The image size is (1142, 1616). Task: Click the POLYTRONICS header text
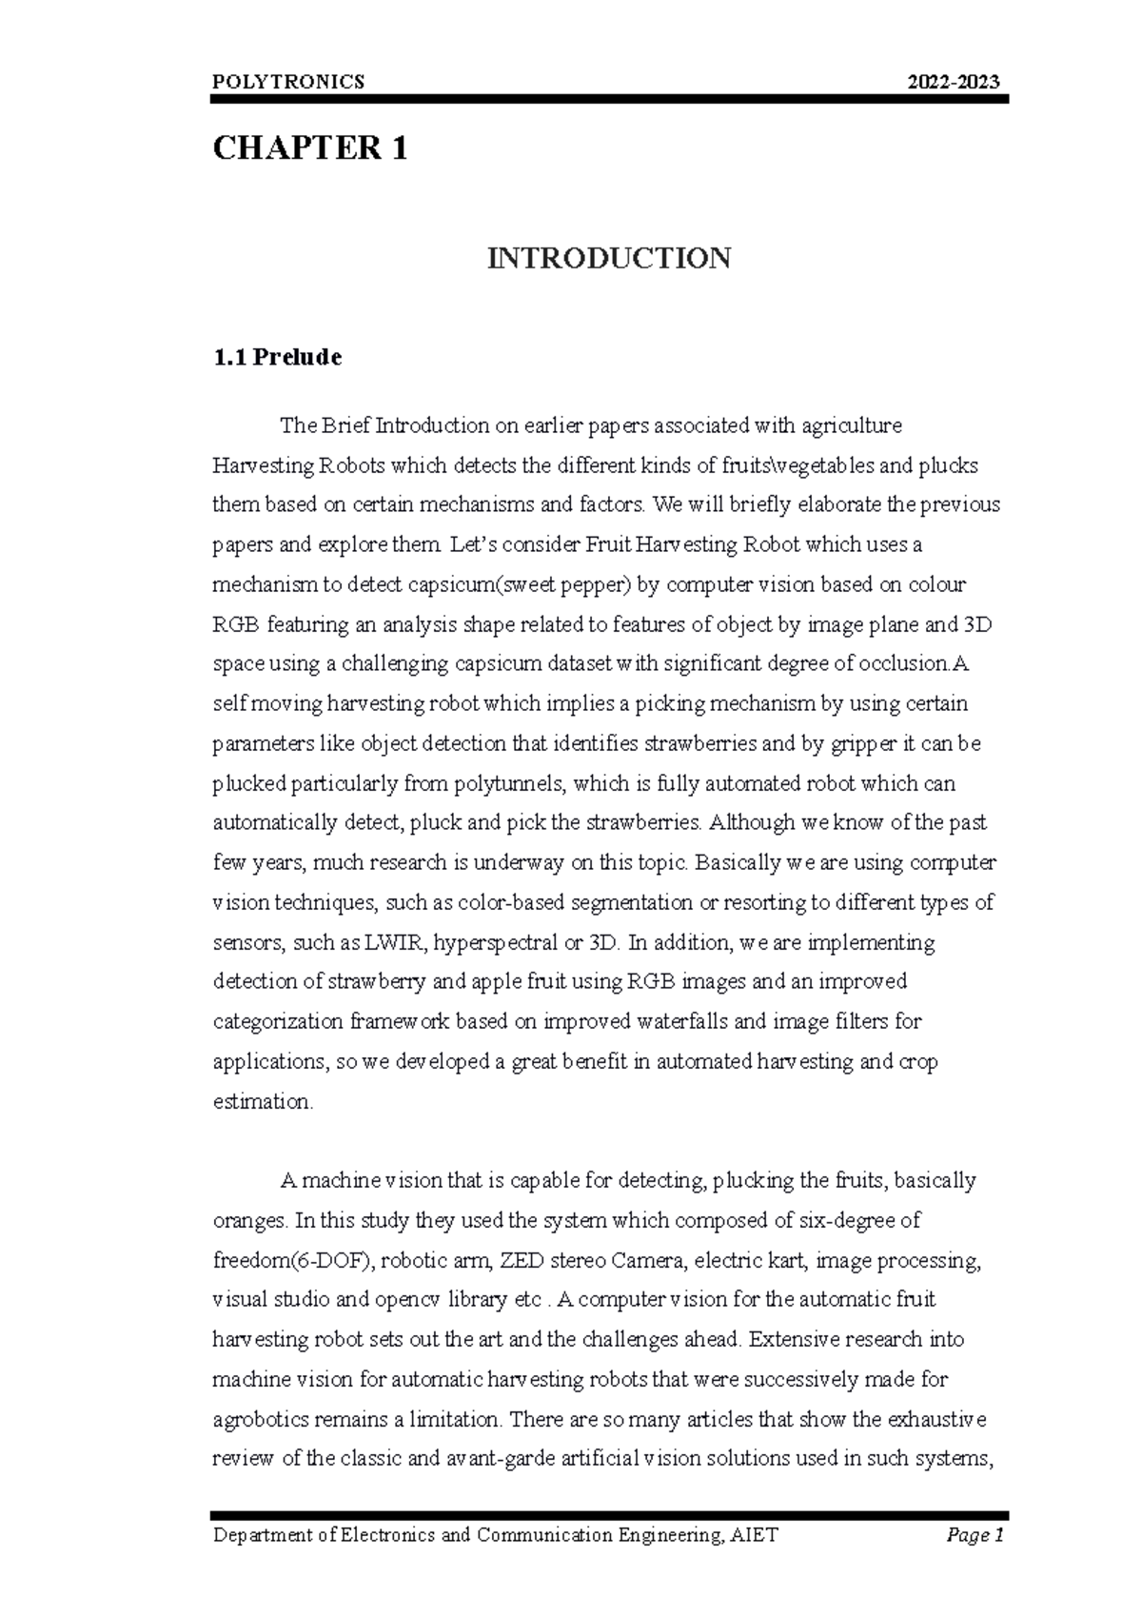tap(288, 82)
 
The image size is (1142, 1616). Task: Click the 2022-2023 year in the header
tap(955, 82)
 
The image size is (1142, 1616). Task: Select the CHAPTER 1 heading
tap(310, 148)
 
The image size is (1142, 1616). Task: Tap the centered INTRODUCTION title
tap(609, 258)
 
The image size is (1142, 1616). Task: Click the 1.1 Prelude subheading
tap(277, 358)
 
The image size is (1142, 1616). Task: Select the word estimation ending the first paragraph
tap(261, 1102)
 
